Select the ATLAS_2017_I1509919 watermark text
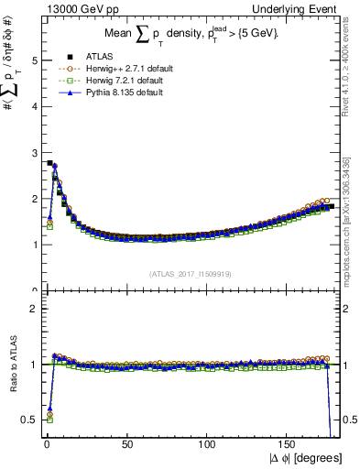tap(191, 273)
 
